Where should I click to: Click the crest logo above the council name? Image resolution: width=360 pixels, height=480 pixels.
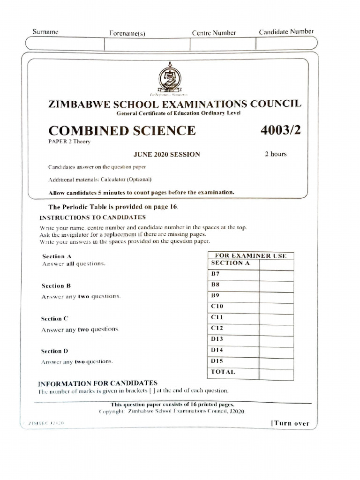click(168, 77)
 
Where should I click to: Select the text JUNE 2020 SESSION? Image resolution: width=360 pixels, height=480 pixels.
click(167, 154)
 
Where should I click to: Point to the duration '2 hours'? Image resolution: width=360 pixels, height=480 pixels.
click(276, 154)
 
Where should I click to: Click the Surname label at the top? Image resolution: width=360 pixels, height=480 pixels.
click(45, 32)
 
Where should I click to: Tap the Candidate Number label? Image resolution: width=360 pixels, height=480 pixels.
click(286, 32)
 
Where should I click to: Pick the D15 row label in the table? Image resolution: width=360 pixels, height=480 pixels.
click(217, 361)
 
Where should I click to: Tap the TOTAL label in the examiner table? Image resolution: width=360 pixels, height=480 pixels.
click(223, 372)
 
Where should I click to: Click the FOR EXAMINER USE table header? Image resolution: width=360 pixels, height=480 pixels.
click(250, 255)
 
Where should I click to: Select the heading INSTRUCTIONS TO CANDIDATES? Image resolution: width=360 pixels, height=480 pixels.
click(93, 217)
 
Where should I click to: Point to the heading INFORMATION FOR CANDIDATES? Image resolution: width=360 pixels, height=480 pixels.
click(97, 383)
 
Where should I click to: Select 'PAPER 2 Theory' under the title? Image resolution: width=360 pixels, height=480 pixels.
click(68, 141)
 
